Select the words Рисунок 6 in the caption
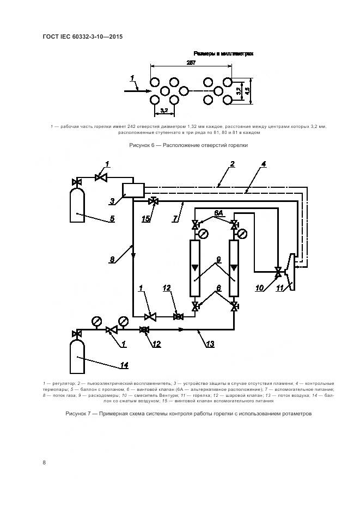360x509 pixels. click(143, 145)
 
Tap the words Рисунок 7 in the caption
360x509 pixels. click(80, 414)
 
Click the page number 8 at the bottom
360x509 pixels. click(44, 462)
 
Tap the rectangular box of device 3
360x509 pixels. click(133, 190)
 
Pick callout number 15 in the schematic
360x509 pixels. click(145, 219)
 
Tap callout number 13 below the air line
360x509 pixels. click(209, 344)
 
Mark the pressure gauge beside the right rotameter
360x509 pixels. click(242, 234)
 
